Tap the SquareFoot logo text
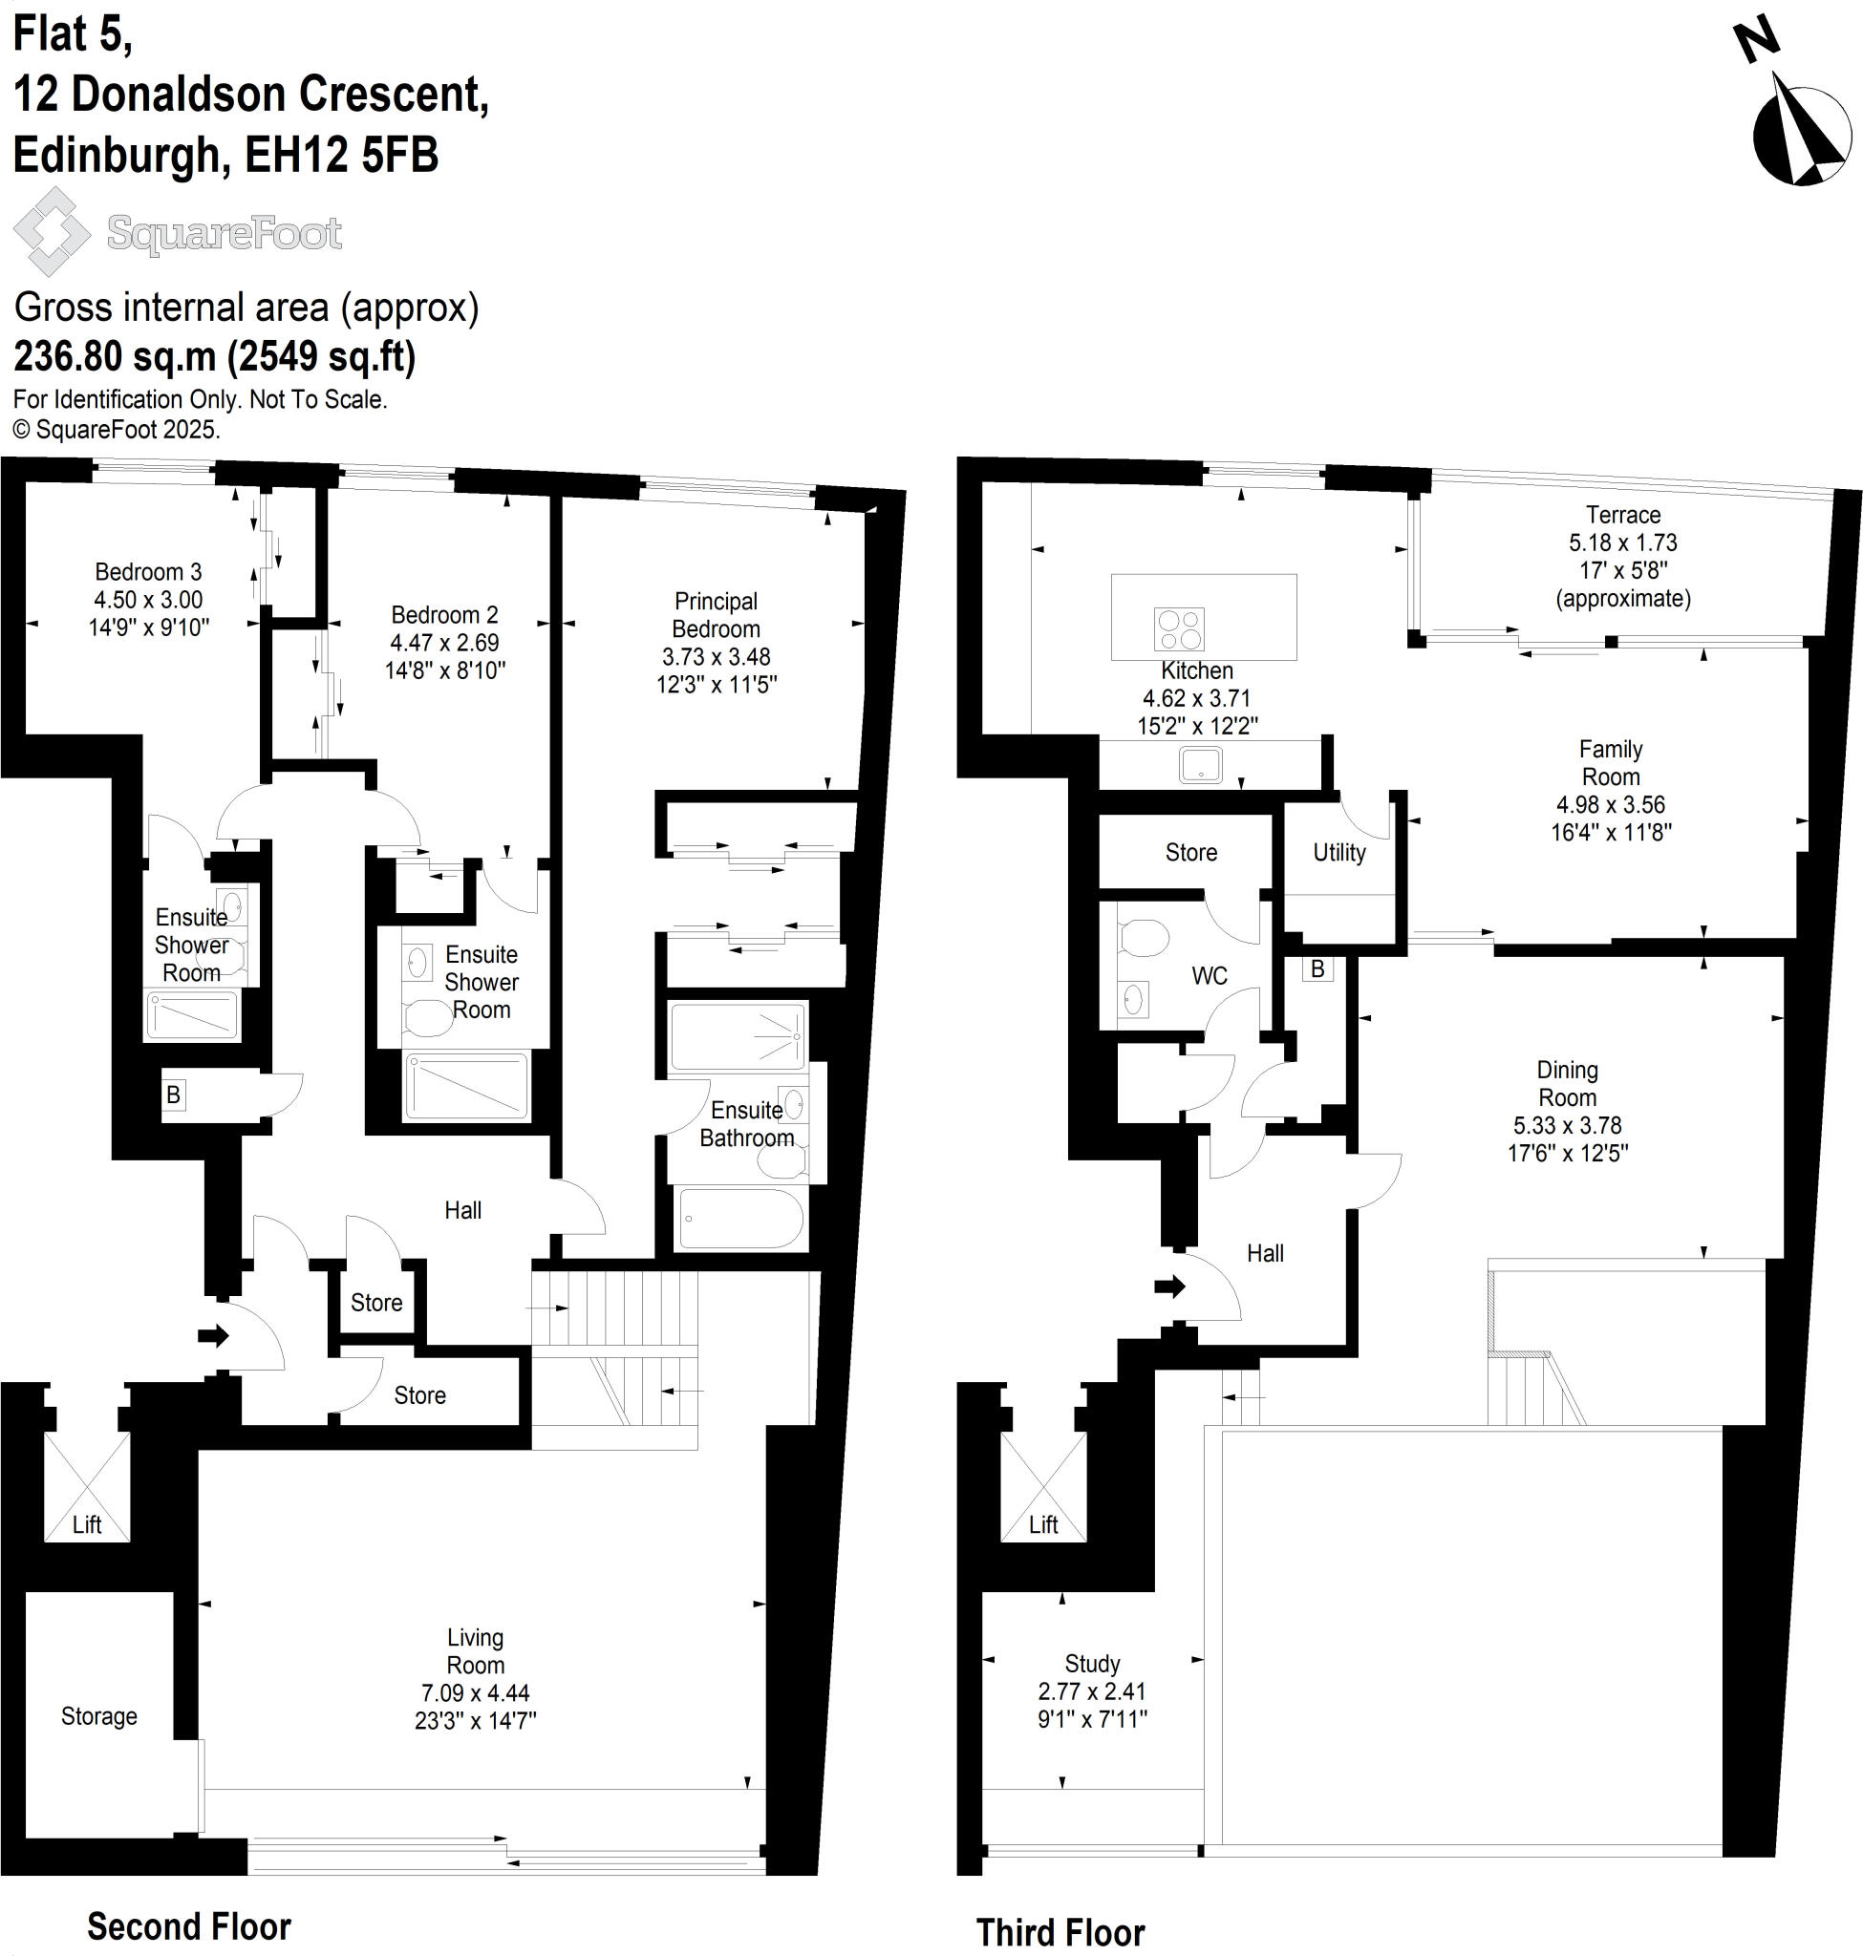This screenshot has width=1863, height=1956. [x=225, y=233]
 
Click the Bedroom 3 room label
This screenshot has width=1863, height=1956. [x=148, y=572]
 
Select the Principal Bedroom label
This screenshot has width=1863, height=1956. [x=716, y=615]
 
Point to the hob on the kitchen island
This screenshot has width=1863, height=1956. [x=1179, y=629]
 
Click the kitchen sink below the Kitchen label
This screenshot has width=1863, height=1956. [x=1201, y=764]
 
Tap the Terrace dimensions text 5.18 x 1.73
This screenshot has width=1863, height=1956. [x=1622, y=543]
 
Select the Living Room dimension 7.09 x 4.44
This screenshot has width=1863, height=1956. [x=475, y=1693]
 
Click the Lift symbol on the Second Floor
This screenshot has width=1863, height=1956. [x=87, y=1486]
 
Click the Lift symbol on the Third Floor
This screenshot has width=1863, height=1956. [x=1042, y=1486]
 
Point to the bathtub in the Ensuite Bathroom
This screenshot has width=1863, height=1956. [x=739, y=1219]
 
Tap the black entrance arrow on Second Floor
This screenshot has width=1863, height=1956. [x=212, y=1335]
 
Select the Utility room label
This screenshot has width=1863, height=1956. [x=1338, y=852]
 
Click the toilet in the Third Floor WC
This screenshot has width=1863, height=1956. [x=1143, y=937]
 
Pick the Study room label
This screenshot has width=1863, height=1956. [x=1092, y=1663]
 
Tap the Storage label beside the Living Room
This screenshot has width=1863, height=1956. [x=99, y=1715]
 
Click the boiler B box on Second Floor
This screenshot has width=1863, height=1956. [x=174, y=1095]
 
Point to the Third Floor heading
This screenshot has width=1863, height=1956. [x=1060, y=1933]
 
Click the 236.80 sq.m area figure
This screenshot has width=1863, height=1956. [x=115, y=355]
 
